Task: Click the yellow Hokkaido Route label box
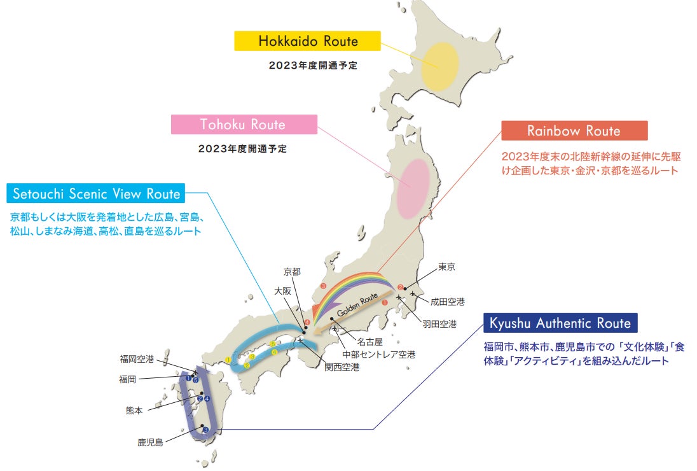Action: [308, 42]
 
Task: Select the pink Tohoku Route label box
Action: [244, 125]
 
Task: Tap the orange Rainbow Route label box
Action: [574, 131]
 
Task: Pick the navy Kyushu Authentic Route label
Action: [560, 323]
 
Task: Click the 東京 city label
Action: [447, 267]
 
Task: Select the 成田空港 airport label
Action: [447, 301]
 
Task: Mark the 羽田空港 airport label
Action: [439, 324]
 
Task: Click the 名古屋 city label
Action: [369, 342]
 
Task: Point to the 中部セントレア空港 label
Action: [378, 355]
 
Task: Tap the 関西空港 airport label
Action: [342, 367]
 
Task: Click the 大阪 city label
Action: [283, 290]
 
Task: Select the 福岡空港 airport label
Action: [137, 359]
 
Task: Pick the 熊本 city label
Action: [134, 411]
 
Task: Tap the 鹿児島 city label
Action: [150, 442]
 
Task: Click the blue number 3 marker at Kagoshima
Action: [205, 430]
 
